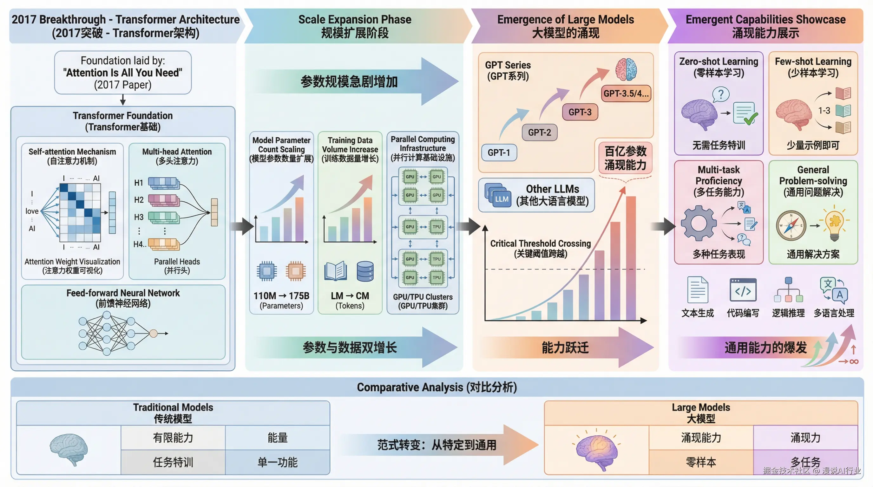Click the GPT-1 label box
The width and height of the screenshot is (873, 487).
click(x=499, y=153)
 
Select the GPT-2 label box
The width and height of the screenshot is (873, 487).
click(x=540, y=132)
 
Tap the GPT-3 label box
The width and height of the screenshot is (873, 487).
click(x=580, y=112)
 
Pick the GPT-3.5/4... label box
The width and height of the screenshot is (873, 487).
click(x=626, y=94)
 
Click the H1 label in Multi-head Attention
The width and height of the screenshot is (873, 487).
click(x=139, y=183)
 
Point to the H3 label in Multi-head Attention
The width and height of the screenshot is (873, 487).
click(x=139, y=217)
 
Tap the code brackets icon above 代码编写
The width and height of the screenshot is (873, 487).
click(x=743, y=290)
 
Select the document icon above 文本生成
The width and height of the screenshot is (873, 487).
click(x=698, y=290)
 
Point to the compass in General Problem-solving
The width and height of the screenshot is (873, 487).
click(x=791, y=225)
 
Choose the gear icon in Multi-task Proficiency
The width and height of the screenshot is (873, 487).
click(x=699, y=224)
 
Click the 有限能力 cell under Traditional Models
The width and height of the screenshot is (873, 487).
click(x=173, y=438)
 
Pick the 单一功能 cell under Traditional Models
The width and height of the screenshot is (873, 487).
click(x=278, y=462)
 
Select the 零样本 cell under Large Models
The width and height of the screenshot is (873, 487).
click(x=701, y=462)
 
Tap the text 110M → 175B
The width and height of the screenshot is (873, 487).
click(x=281, y=295)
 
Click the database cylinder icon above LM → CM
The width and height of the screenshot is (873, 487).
click(x=365, y=272)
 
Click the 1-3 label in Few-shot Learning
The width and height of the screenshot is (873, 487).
click(x=824, y=110)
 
